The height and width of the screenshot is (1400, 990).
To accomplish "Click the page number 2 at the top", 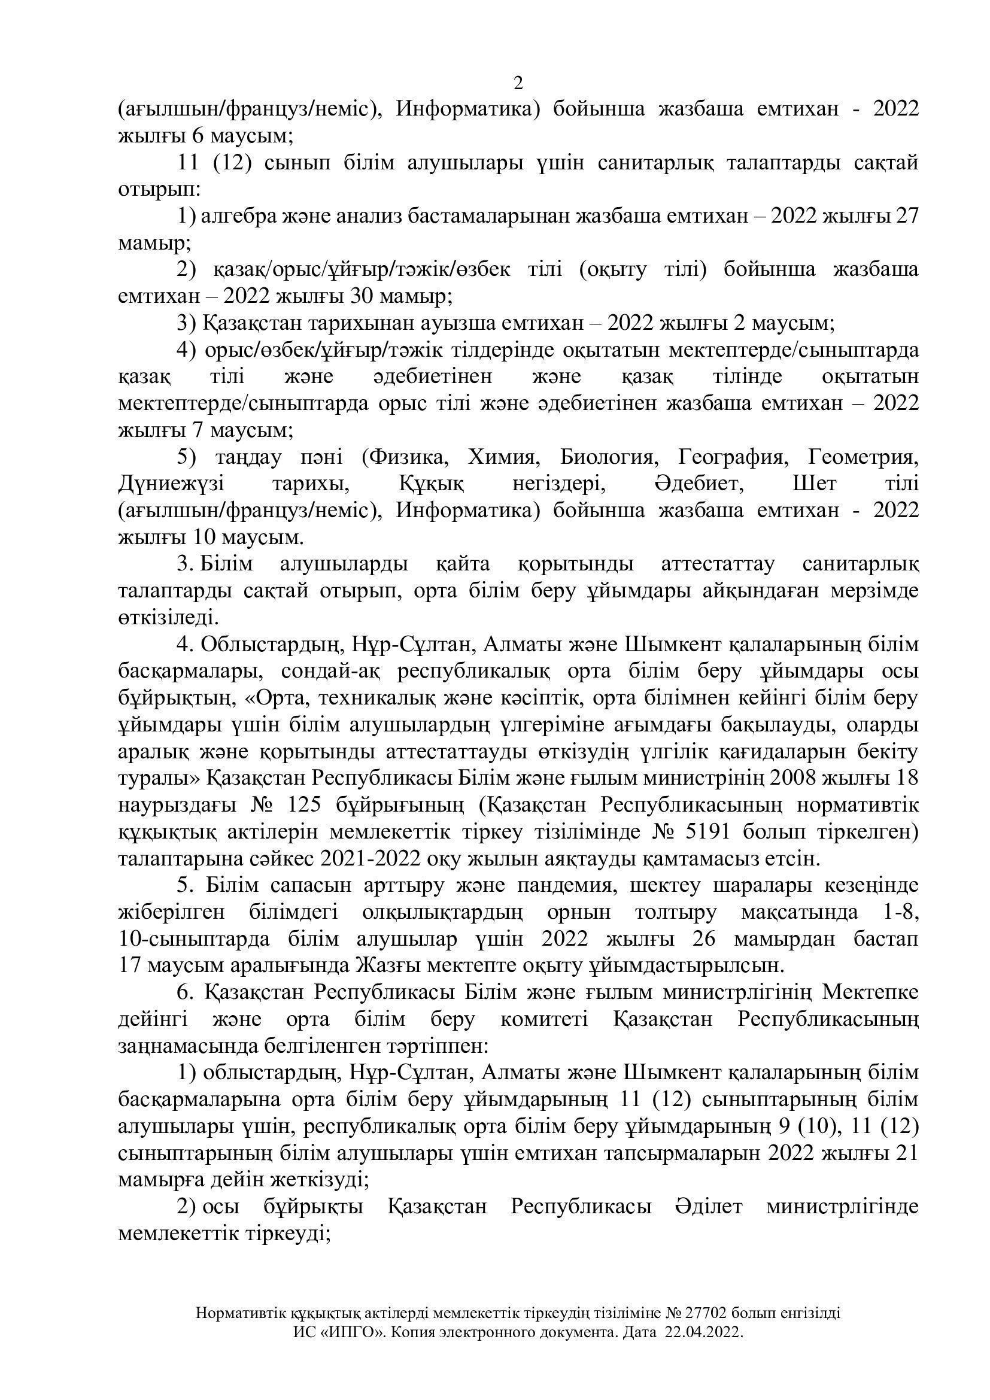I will click(519, 83).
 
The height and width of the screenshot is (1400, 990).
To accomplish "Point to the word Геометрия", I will click(863, 457).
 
